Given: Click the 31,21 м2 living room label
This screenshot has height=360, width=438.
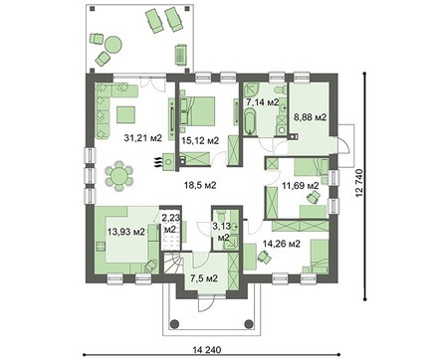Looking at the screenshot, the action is (x=142, y=138).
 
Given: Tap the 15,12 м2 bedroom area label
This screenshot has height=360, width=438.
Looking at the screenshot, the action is (x=200, y=141).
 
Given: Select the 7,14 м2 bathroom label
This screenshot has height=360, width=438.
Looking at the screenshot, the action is (x=262, y=102).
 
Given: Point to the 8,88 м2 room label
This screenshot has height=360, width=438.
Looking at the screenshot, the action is (x=310, y=117).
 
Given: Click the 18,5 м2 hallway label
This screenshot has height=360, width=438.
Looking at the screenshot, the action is (x=200, y=185).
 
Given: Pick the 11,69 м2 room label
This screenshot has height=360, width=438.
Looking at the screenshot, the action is (x=301, y=185).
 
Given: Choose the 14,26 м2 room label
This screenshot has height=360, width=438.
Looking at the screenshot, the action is (x=282, y=244).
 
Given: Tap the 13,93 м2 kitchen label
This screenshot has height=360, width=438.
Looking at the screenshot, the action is (x=126, y=232).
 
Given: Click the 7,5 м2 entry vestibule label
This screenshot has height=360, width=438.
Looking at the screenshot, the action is (x=204, y=278).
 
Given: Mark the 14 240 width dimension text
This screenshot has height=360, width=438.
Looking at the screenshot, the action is (x=207, y=350).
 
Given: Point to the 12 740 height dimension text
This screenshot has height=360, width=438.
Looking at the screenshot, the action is (x=360, y=184).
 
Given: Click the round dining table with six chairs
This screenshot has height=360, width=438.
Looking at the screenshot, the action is (x=118, y=176).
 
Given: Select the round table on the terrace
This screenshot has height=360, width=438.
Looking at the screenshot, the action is (x=113, y=44).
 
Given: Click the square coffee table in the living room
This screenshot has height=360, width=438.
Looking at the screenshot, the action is (x=125, y=114).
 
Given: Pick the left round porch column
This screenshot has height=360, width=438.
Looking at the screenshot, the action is (x=174, y=323).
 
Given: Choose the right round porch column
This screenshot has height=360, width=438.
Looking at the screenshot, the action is (x=248, y=323).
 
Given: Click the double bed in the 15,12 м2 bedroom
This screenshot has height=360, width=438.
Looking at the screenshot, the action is (x=197, y=111).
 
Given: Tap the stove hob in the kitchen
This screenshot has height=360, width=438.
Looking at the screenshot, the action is (x=101, y=246).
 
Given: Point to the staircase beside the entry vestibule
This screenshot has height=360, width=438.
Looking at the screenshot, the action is (x=172, y=264).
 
